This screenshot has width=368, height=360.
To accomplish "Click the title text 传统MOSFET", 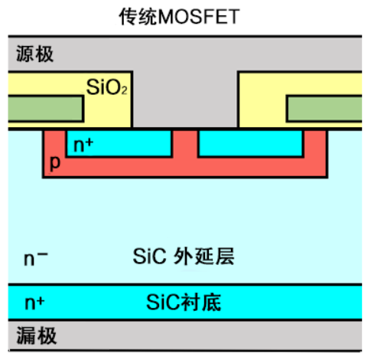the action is (x=179, y=17).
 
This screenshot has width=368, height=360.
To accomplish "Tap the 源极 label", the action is (x=35, y=54).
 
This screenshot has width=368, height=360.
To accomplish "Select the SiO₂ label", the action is (x=107, y=87).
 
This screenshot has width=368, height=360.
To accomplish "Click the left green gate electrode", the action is (x=45, y=109).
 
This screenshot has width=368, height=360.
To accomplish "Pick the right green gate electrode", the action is (x=324, y=108).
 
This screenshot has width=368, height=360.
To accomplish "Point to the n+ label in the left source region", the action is (x=83, y=145).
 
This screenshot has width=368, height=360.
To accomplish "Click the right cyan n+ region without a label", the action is (x=251, y=143).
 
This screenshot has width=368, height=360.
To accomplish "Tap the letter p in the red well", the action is (x=55, y=162).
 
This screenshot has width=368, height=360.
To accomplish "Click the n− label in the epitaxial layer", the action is (x=35, y=258).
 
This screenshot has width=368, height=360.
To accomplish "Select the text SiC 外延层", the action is (x=184, y=256).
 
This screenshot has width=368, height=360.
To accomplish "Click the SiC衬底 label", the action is (x=184, y=303).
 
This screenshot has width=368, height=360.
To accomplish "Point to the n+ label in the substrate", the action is (x=34, y=303).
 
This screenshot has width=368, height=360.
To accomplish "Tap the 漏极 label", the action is (x=36, y=335).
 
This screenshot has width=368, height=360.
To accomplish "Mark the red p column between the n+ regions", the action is (x=185, y=144).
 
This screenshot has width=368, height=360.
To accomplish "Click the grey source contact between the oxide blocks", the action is (x=185, y=100).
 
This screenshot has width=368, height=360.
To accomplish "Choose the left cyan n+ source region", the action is (x=119, y=143).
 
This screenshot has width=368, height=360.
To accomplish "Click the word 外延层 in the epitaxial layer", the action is (x=204, y=256).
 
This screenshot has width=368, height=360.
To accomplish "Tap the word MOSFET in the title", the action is (x=199, y=17).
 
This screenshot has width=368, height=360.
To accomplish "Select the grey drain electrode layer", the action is (x=185, y=335).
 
